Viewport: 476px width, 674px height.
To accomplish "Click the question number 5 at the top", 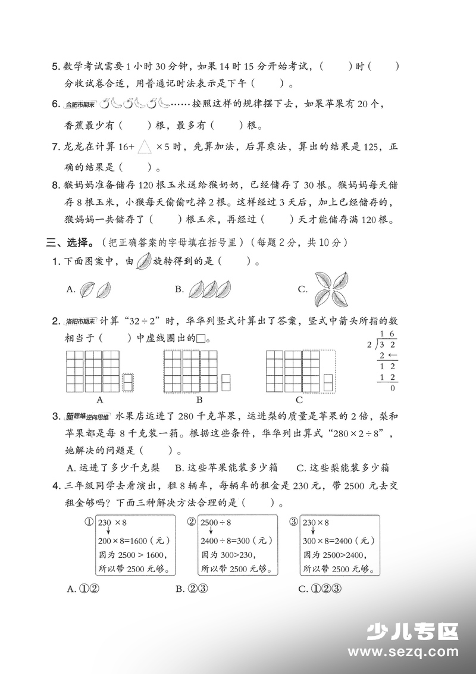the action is pos(56,67).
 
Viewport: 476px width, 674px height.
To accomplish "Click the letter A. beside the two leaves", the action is pos(71,289).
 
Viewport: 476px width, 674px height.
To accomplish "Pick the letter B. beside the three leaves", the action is pos(179,289).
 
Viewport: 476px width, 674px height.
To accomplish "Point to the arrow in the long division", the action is pos(393,356).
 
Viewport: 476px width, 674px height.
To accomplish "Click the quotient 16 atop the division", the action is pos(388,335).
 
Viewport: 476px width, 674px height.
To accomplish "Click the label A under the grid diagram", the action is pos(100,400).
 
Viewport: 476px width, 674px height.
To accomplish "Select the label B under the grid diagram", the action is pos(199,400).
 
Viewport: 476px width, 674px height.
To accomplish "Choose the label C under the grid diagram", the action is pos(299,400).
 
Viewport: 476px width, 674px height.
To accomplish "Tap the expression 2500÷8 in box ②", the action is pos(217,523).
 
